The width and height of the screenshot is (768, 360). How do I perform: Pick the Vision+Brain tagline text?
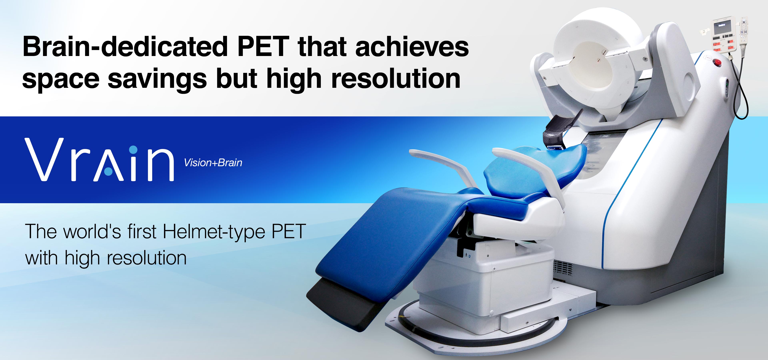(213, 163)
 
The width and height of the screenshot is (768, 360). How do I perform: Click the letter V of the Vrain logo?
(44, 159)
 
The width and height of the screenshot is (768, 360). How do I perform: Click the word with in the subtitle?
(41, 258)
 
